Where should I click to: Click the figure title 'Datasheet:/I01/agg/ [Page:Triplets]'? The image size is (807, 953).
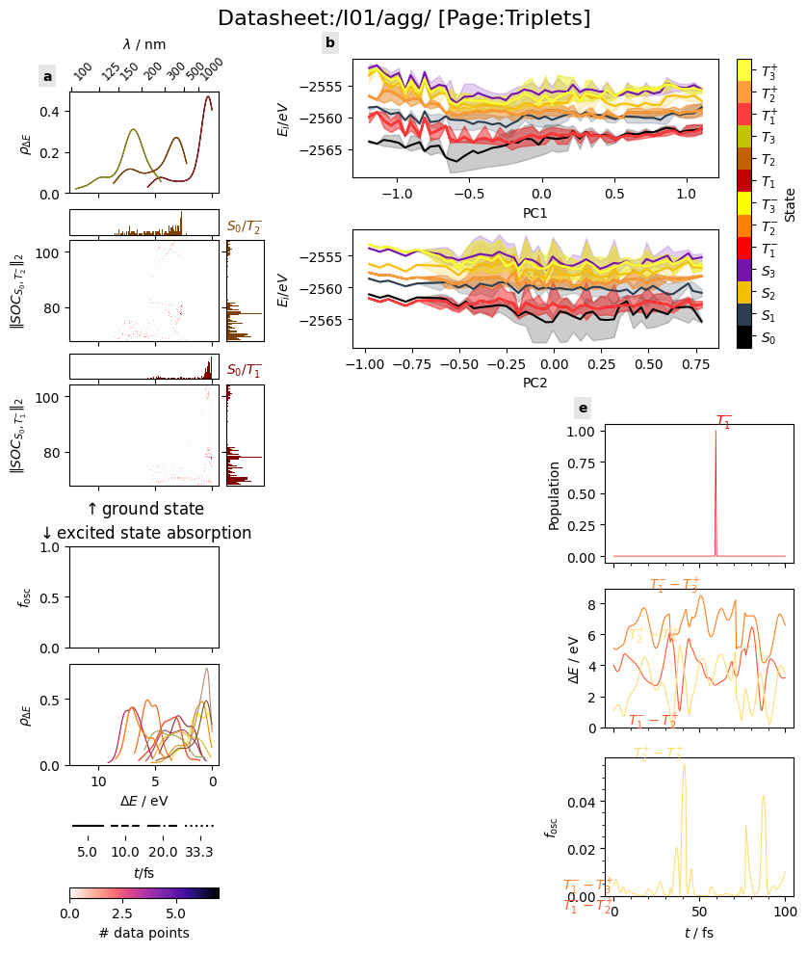click(x=403, y=18)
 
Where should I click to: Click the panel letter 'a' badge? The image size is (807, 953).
click(x=47, y=76)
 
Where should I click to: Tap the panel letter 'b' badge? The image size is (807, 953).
click(x=330, y=43)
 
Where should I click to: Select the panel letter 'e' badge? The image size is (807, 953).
click(x=583, y=408)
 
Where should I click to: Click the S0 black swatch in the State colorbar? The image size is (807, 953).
click(x=743, y=337)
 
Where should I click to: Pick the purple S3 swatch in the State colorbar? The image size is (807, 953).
click(x=743, y=270)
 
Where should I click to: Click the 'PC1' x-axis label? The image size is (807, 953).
click(x=534, y=212)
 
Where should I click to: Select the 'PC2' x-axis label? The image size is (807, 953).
click(x=534, y=382)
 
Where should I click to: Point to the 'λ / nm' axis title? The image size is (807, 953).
click(x=143, y=44)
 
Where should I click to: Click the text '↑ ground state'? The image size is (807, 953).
click(x=144, y=509)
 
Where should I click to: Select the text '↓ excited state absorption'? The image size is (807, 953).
click(x=144, y=533)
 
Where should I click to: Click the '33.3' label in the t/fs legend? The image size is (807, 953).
click(x=199, y=852)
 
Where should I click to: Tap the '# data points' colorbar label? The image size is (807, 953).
click(x=143, y=933)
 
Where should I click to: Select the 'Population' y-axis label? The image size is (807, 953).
click(x=555, y=495)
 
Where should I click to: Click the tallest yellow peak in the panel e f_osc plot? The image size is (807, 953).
click(x=684, y=764)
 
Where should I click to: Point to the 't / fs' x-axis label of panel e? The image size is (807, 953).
click(x=698, y=933)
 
